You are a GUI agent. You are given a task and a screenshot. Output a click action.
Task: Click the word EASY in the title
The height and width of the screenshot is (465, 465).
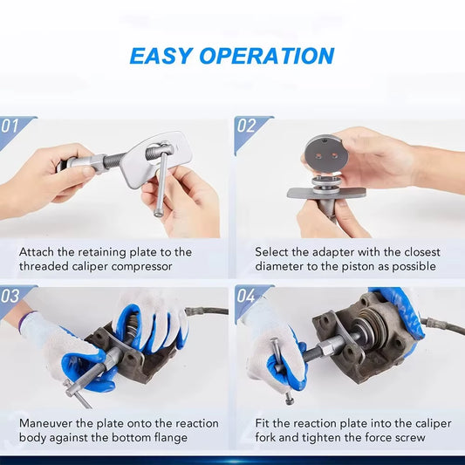tap(161, 56)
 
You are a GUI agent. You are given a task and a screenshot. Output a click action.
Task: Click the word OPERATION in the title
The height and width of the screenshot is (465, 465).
tap(266, 56)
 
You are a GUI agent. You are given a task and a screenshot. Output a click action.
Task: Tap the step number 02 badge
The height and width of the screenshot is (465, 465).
tap(246, 126)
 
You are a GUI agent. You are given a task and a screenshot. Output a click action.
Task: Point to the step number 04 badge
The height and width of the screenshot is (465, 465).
tap(247, 297)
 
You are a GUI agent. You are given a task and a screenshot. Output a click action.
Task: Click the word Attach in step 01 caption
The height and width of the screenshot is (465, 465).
tap(39, 252)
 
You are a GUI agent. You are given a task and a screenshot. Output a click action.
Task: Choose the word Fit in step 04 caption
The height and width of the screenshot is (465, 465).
tap(264, 423)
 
